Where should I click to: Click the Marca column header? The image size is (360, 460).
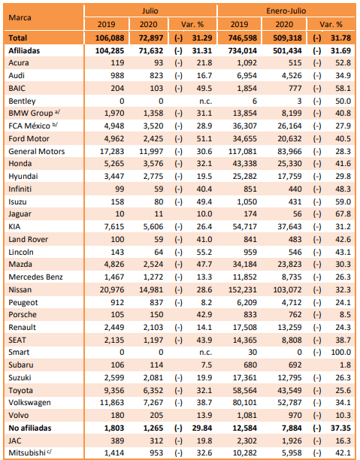click(x=20, y=17)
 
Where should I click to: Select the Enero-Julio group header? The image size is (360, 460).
click(x=286, y=11)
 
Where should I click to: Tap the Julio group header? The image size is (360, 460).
click(x=150, y=11)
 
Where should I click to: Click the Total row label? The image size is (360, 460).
click(x=17, y=38)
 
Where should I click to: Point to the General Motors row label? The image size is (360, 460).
click(x=36, y=151)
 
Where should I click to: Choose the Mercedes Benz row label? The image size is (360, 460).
click(x=35, y=277)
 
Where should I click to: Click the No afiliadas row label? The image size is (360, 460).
click(x=30, y=428)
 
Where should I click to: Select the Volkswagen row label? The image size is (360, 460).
click(x=29, y=403)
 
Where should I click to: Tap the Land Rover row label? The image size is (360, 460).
click(x=28, y=239)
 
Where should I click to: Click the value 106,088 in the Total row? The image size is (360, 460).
click(x=110, y=38)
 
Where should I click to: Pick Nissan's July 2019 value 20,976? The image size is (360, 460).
click(x=112, y=290)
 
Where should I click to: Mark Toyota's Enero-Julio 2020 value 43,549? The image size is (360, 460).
click(x=289, y=390)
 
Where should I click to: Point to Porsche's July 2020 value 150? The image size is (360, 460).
click(x=156, y=314)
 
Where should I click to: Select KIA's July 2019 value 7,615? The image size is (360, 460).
click(x=114, y=227)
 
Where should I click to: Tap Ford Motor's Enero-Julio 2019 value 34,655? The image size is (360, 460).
click(x=245, y=139)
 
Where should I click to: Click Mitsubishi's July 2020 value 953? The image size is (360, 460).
click(x=156, y=452)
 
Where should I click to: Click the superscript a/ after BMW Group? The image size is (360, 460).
click(x=58, y=111)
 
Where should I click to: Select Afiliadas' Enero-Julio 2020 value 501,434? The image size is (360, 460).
click(x=288, y=51)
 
